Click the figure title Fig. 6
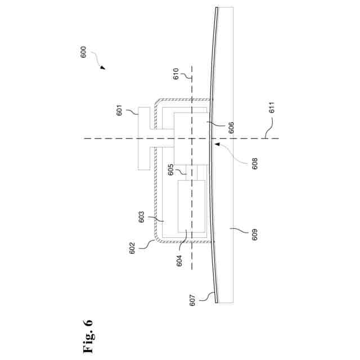(x=88, y=337)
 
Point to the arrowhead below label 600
(x=103, y=68)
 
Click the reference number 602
(x=132, y=248)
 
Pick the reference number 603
(x=142, y=217)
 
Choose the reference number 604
(x=179, y=260)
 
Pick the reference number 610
(x=176, y=75)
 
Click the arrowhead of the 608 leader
(x=214, y=143)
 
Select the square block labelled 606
(x=191, y=137)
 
